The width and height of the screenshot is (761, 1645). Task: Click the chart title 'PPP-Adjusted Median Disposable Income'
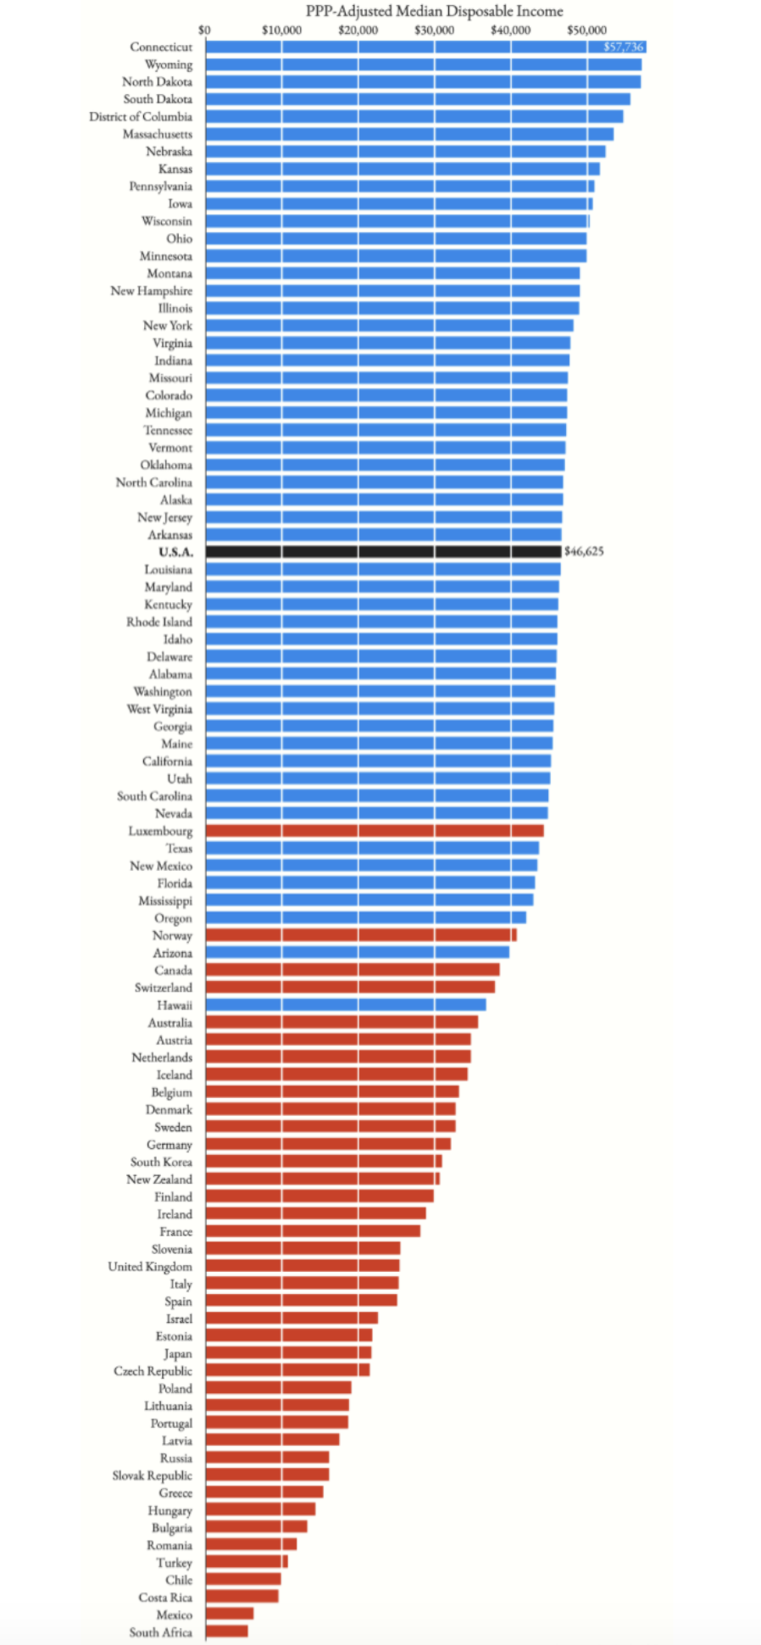click(x=434, y=11)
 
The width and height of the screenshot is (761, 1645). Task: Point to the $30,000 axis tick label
click(x=434, y=31)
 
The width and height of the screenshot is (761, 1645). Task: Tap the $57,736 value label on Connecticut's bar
click(x=623, y=47)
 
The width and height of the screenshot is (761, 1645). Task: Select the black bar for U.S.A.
click(x=383, y=552)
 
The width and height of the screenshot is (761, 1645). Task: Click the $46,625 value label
click(x=584, y=551)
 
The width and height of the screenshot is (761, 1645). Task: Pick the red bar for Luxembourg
click(x=375, y=831)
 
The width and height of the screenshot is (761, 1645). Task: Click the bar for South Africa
click(x=227, y=1631)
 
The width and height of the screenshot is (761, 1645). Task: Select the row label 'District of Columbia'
click(x=141, y=116)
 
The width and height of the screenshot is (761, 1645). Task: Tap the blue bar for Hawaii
click(x=346, y=1005)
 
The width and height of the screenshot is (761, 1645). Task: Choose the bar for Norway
click(x=361, y=935)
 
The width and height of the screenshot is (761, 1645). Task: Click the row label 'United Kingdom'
click(x=150, y=1266)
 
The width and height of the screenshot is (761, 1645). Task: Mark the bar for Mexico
click(x=230, y=1614)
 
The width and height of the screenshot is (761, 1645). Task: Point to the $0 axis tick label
click(x=204, y=31)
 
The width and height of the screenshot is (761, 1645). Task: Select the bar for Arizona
click(x=357, y=953)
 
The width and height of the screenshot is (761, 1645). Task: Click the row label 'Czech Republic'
click(x=153, y=1371)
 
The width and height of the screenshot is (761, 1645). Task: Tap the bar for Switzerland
click(x=350, y=988)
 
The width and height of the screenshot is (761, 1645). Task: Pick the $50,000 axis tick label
click(x=586, y=31)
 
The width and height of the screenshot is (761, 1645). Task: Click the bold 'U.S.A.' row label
click(x=175, y=552)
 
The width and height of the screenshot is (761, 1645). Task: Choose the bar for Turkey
click(x=247, y=1562)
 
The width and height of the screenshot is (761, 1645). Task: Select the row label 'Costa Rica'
click(x=165, y=1598)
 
